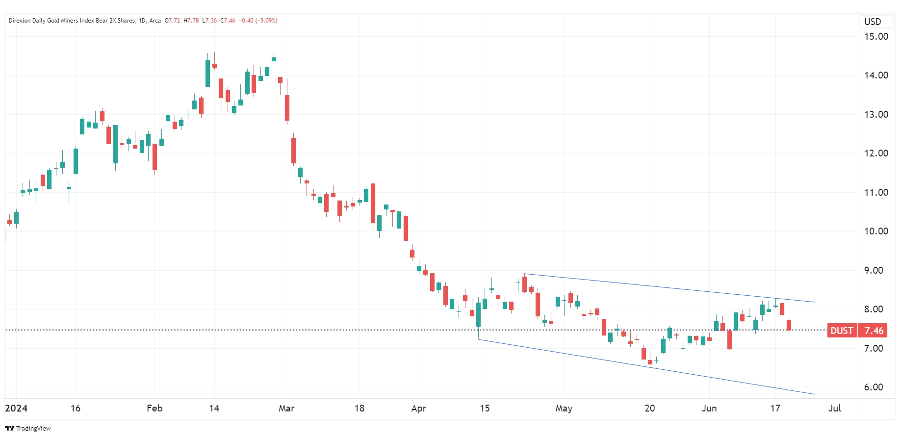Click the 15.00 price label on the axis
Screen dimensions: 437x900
click(x=875, y=37)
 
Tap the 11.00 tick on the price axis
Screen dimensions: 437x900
click(x=875, y=192)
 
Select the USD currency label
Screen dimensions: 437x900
click(x=873, y=22)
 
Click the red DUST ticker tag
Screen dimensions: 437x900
click(x=842, y=331)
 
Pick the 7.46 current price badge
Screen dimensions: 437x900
click(x=874, y=331)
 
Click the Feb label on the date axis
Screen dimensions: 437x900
click(x=154, y=408)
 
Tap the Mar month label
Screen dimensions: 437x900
click(x=286, y=408)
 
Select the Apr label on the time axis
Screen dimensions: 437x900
click(x=418, y=408)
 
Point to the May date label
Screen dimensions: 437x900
click(x=564, y=408)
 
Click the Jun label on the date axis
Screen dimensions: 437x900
click(x=709, y=408)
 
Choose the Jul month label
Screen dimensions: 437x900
click(x=834, y=408)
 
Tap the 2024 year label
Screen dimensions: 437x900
click(x=16, y=408)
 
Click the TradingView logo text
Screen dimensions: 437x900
click(x=33, y=429)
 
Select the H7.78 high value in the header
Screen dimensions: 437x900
click(x=191, y=21)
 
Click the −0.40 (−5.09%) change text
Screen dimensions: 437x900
click(x=258, y=21)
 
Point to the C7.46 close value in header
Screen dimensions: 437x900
click(x=228, y=21)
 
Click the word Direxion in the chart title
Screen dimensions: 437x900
click(x=20, y=21)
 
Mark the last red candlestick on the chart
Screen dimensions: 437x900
click(x=789, y=325)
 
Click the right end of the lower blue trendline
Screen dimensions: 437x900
click(x=814, y=394)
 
